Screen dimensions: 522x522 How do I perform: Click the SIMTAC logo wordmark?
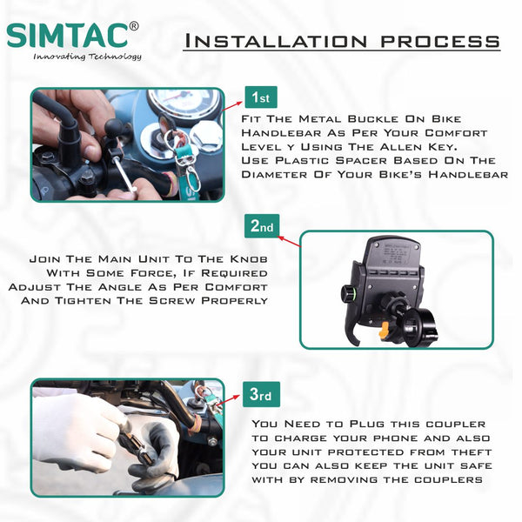click(x=67, y=35)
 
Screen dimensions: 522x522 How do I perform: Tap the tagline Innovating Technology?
click(x=87, y=57)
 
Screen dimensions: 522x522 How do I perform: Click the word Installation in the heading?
click(x=276, y=41)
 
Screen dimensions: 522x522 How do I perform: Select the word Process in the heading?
click(x=440, y=41)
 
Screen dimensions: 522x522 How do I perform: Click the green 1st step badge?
click(x=261, y=97)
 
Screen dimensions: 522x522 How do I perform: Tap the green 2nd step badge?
click(x=262, y=226)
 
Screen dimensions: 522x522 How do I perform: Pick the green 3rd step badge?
click(x=261, y=394)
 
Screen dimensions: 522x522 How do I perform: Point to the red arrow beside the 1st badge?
click(x=232, y=106)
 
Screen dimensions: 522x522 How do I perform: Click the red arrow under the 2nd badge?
click(x=290, y=242)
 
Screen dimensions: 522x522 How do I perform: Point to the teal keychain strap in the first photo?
click(x=189, y=160)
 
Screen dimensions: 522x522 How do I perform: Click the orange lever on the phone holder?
click(x=385, y=330)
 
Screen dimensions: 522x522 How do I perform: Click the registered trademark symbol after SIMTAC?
click(x=133, y=27)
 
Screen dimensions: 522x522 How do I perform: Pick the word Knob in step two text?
click(x=249, y=259)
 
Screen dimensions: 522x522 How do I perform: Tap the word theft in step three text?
click(x=472, y=452)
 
